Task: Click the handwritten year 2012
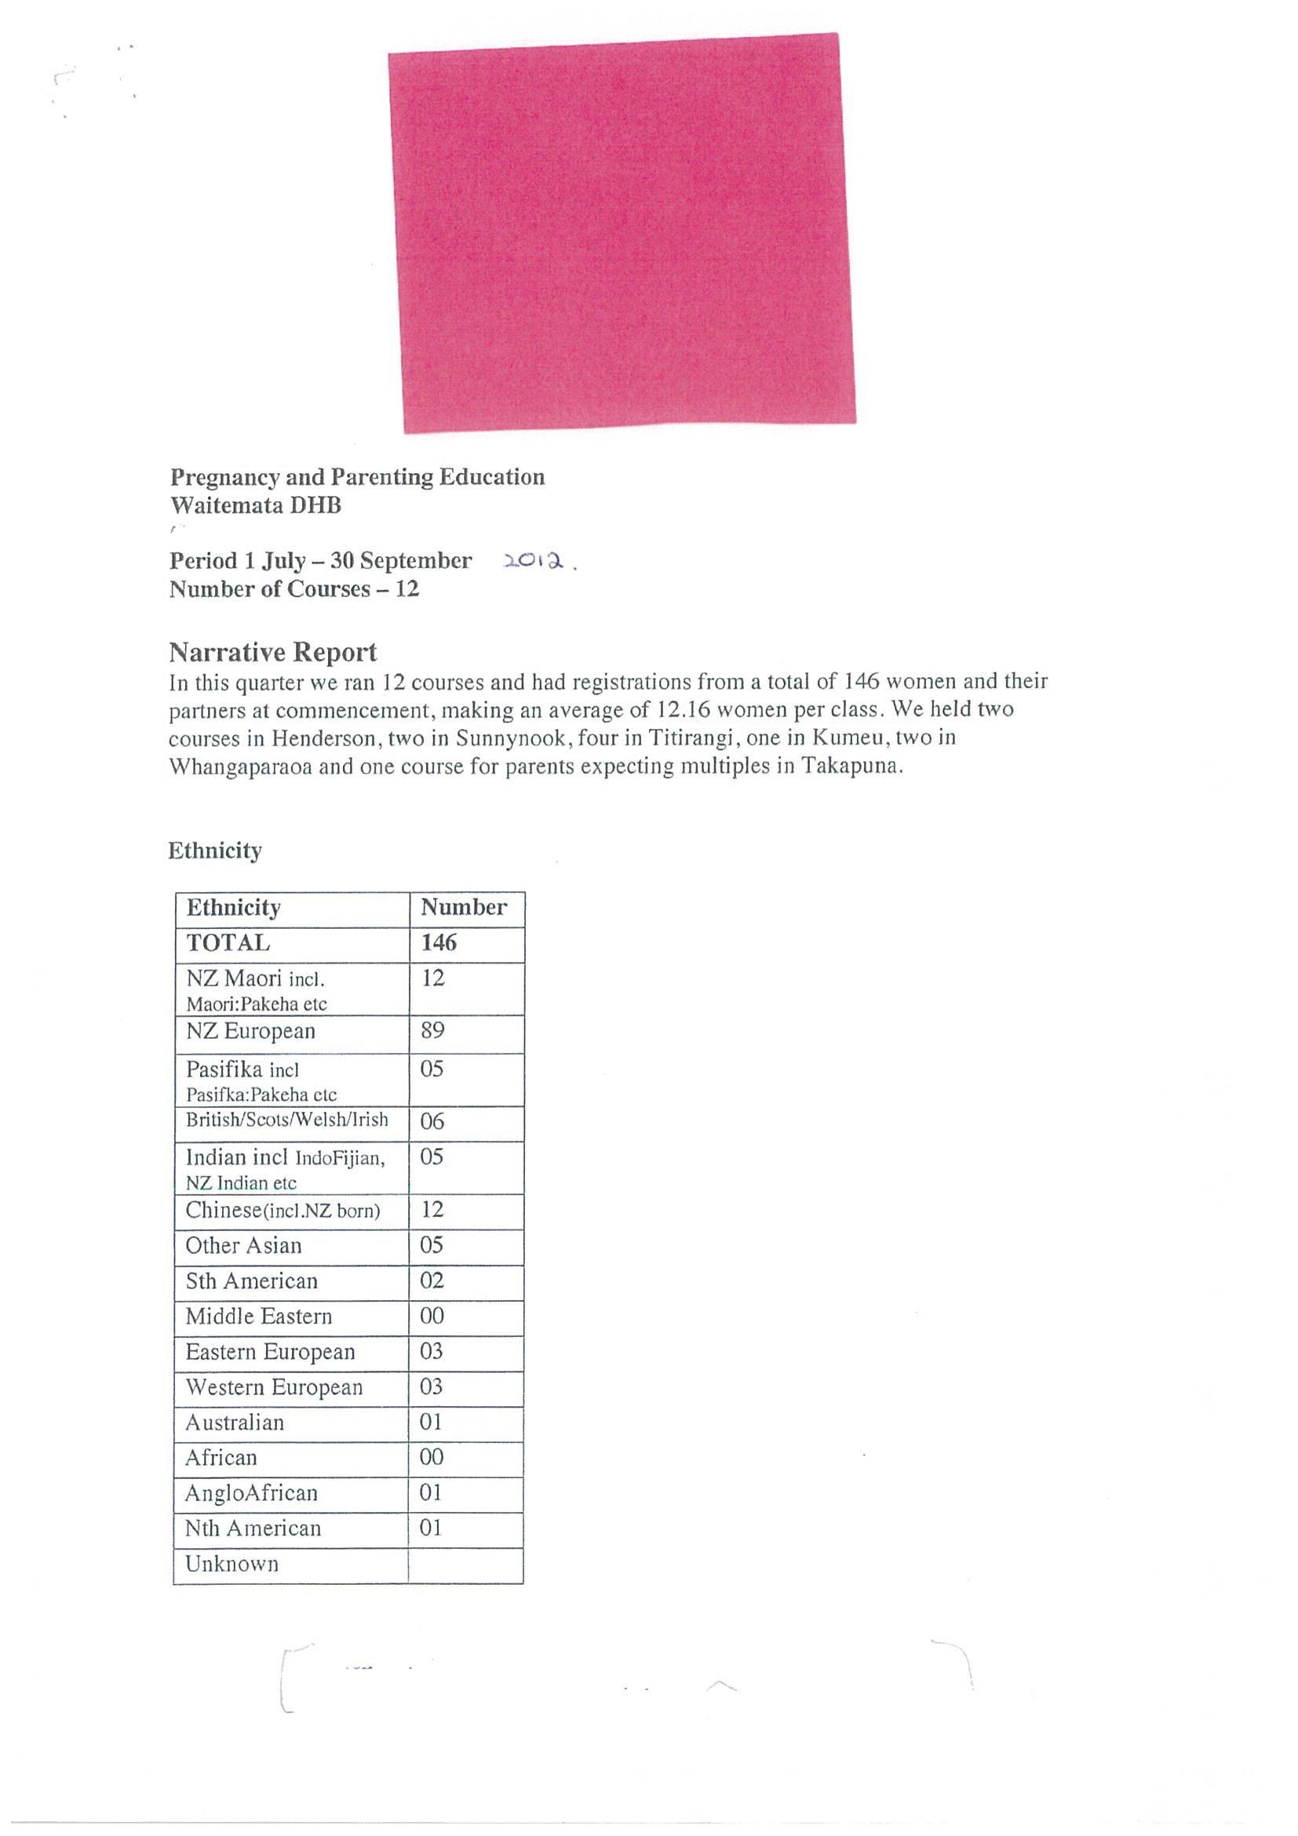(534, 561)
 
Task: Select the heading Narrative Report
(273, 653)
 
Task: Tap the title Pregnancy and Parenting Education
(358, 477)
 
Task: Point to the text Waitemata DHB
(256, 505)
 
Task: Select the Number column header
(464, 908)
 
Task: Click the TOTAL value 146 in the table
(439, 943)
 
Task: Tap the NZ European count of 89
(432, 1030)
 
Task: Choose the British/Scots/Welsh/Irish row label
(287, 1120)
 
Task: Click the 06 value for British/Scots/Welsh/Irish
(432, 1121)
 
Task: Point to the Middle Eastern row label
(258, 1317)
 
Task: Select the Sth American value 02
(432, 1280)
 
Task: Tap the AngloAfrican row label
(251, 1493)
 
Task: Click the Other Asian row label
(244, 1245)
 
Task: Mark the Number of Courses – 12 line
(294, 589)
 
